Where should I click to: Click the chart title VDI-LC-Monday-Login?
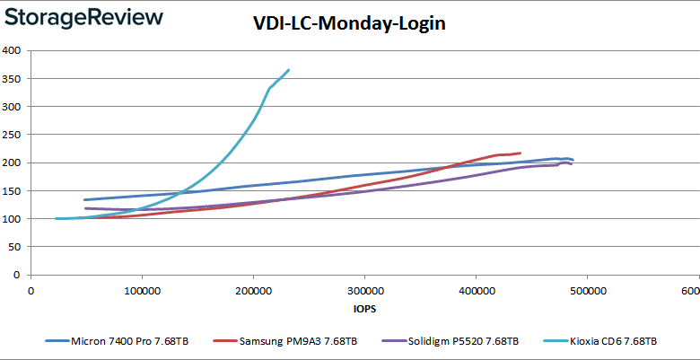[349, 25]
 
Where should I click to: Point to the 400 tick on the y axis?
[13, 50]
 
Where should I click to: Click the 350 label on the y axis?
[13, 78]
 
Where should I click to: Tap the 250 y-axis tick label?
[13, 135]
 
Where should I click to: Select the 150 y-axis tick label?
[13, 190]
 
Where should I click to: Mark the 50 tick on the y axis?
[15, 247]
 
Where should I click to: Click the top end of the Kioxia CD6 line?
[288, 70]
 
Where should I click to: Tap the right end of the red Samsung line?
[520, 153]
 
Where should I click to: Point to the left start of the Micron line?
[84, 199]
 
